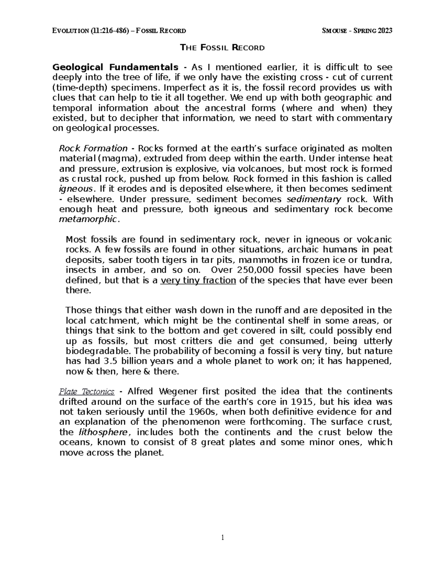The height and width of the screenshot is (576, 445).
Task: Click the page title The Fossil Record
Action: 222,47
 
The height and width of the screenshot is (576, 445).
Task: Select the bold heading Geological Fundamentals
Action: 115,67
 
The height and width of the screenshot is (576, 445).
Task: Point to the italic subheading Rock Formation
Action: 93,148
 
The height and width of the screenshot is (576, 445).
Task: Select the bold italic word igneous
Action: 74,189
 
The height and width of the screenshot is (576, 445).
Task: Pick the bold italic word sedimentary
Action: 314,199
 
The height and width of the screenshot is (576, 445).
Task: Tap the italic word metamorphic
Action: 89,219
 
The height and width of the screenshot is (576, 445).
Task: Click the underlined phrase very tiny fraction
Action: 198,280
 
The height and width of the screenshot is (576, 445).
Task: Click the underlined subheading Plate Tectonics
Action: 87,392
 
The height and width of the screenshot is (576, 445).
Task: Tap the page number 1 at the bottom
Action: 222,537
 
